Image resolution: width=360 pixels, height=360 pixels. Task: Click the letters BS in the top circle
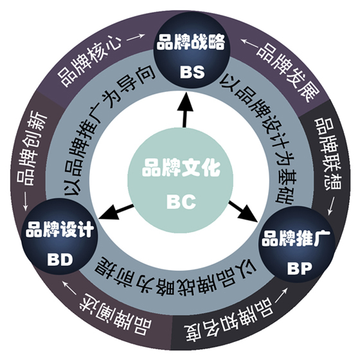(192, 72)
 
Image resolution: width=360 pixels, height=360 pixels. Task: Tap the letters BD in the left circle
(60, 260)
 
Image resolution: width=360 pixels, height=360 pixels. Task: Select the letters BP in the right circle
(300, 268)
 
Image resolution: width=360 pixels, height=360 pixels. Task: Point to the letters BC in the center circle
(181, 202)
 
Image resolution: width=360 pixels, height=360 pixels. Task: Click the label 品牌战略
(191, 42)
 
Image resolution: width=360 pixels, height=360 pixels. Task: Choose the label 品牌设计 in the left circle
(60, 230)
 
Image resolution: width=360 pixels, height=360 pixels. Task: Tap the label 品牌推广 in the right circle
(296, 238)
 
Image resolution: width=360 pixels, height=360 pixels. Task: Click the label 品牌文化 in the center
(181, 168)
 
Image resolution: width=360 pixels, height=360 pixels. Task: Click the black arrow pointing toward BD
(116, 212)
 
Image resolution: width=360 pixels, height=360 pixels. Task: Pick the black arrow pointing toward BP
(243, 212)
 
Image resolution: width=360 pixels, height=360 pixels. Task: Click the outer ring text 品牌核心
(89, 62)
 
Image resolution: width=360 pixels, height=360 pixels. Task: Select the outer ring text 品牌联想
(328, 154)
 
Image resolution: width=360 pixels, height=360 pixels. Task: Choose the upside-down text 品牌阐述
(115, 315)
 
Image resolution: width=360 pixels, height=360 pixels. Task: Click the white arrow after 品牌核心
(136, 37)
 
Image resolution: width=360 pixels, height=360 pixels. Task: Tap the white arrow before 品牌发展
(250, 42)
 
